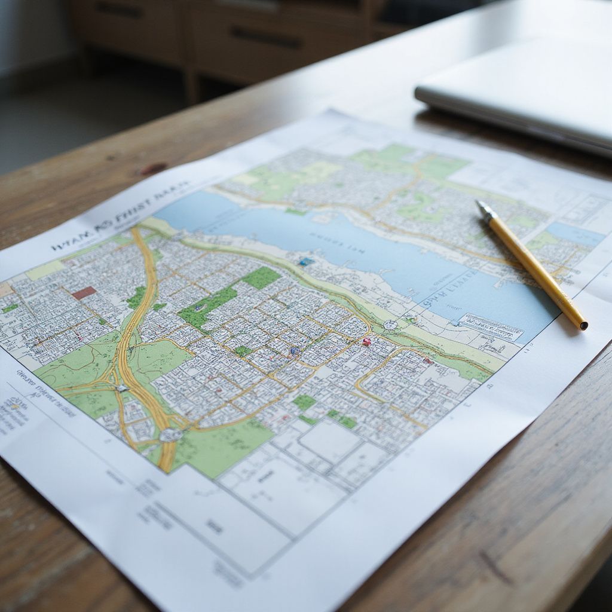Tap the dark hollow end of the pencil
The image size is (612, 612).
583,326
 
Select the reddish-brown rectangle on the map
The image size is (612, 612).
84,293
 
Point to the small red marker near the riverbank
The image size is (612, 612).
366,342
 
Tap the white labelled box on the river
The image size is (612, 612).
490,327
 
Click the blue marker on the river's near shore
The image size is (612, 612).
307,262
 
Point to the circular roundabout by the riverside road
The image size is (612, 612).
391,325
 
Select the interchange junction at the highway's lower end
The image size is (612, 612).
170,434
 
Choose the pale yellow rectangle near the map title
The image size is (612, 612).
45,270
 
